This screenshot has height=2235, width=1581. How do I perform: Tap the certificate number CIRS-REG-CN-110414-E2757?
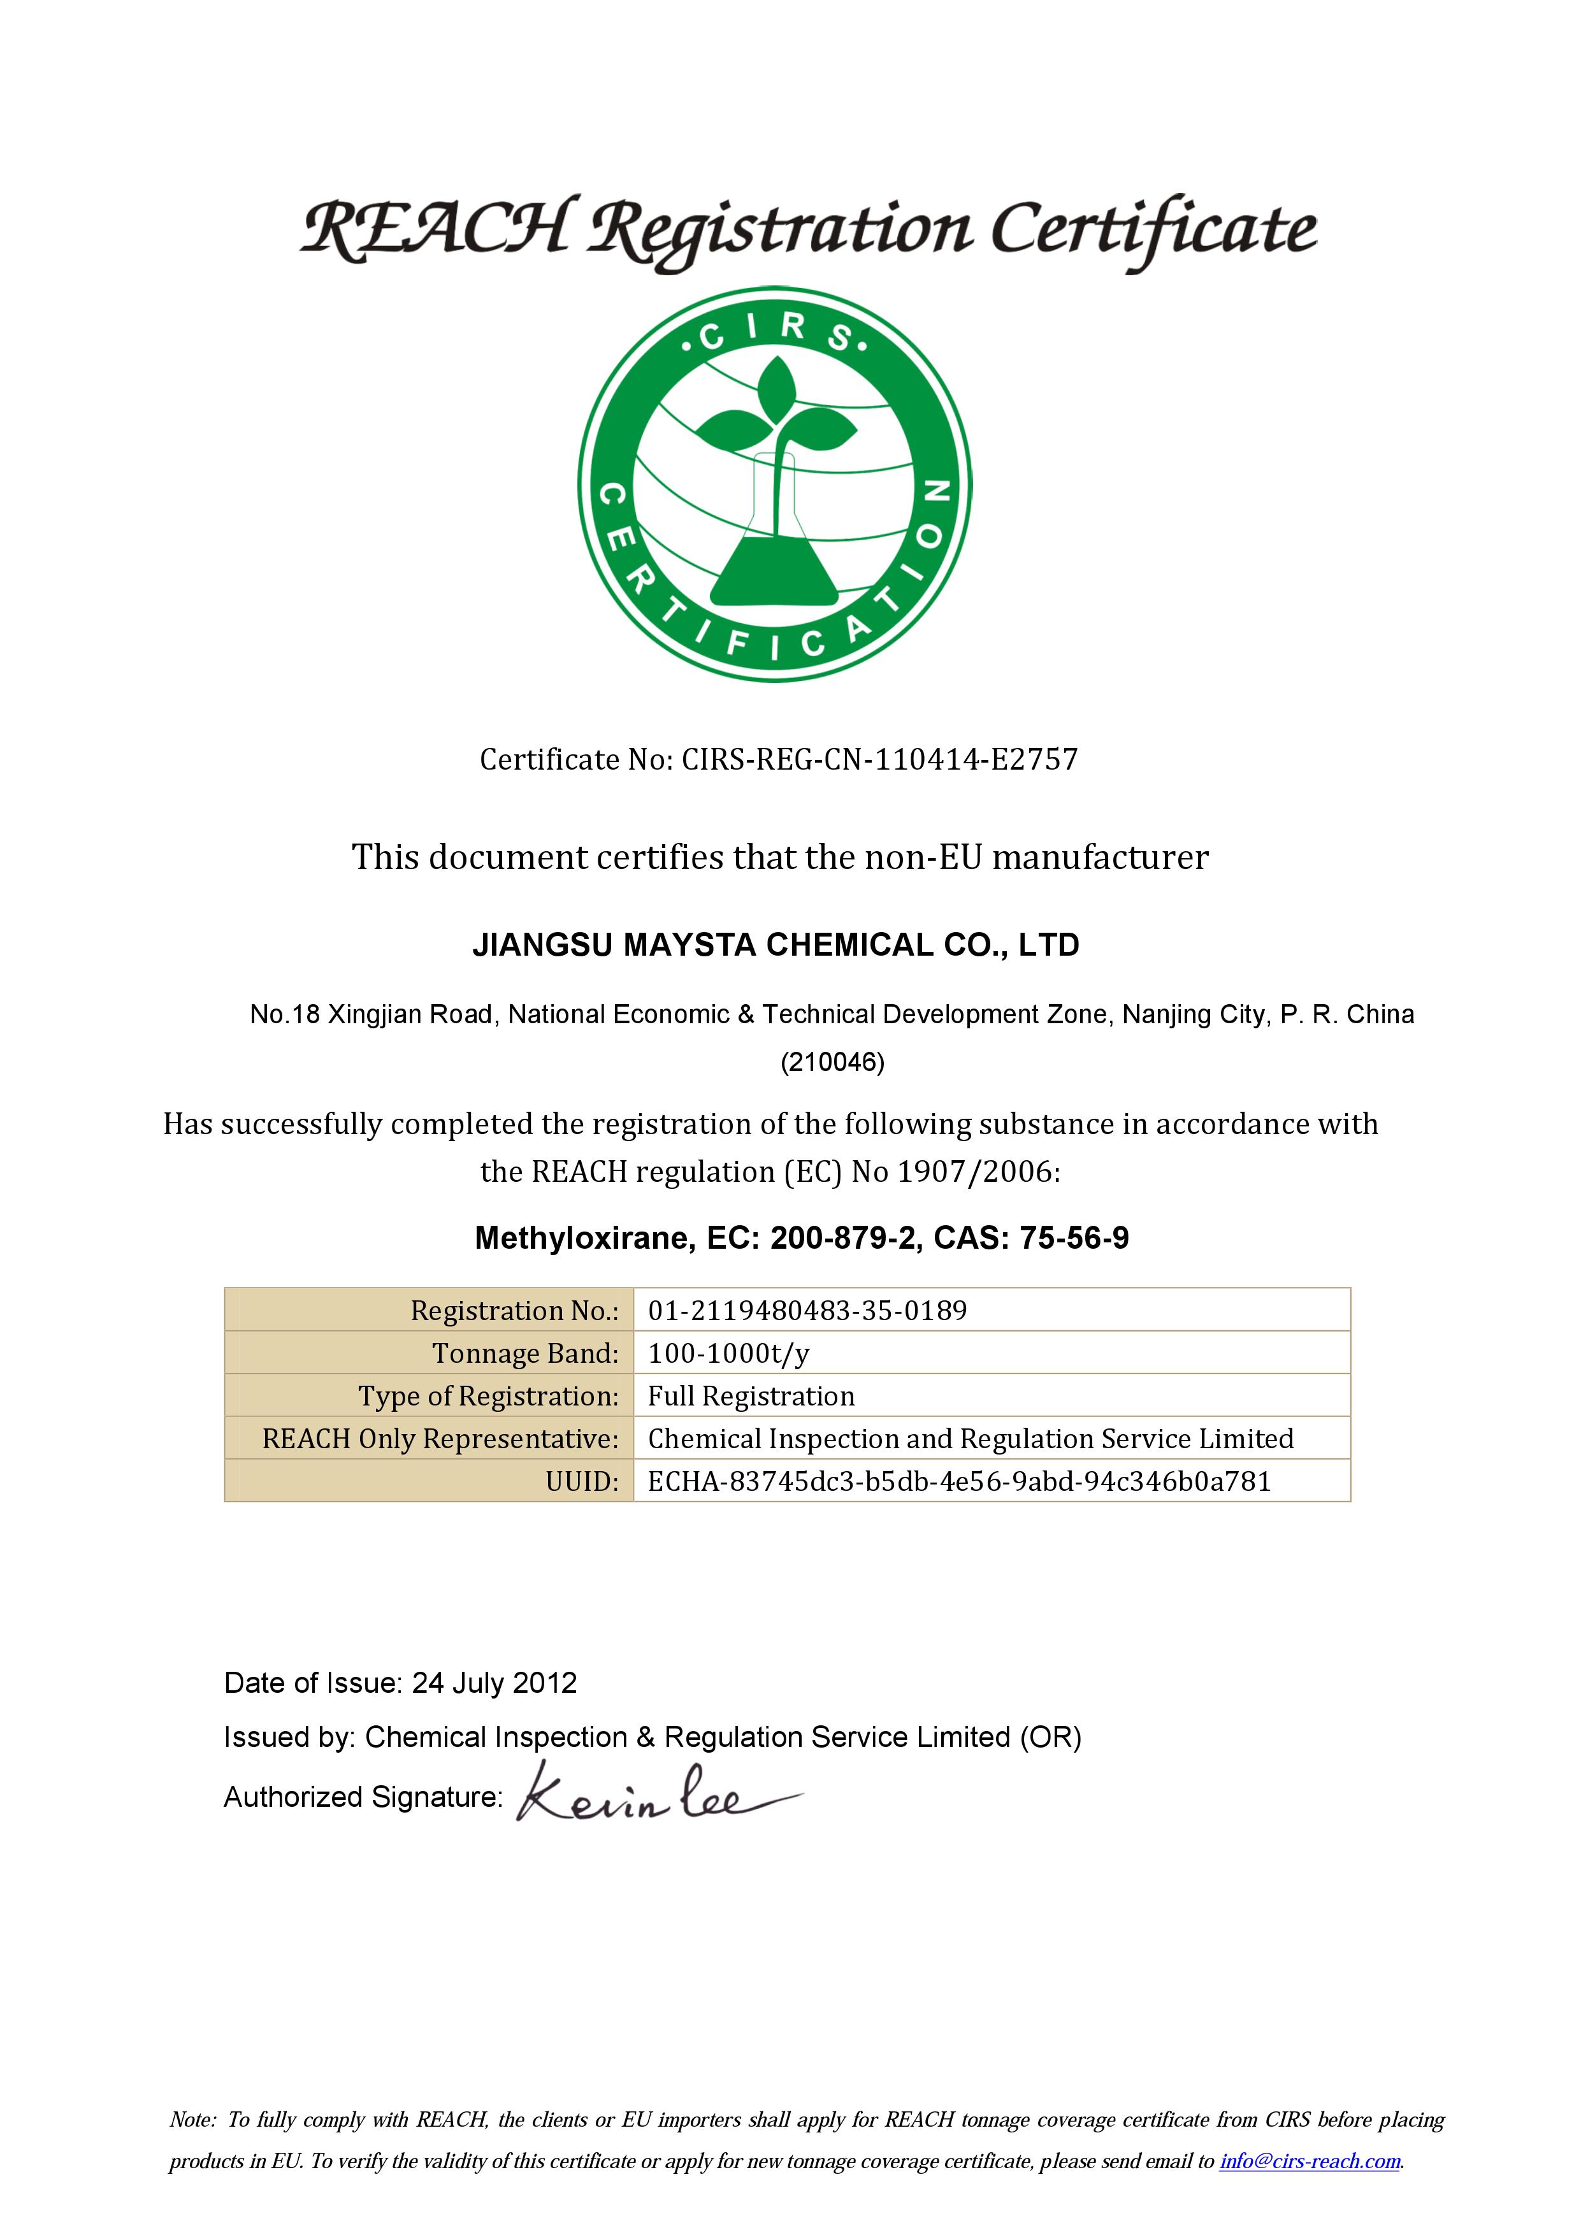(879, 759)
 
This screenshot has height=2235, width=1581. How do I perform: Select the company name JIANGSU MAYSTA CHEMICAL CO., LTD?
(776, 945)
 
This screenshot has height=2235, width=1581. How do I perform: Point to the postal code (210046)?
(832, 1062)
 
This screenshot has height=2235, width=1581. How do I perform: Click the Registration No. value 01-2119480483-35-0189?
(807, 1311)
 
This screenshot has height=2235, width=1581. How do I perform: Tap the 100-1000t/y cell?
(729, 1353)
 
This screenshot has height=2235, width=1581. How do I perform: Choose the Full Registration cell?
(751, 1396)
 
